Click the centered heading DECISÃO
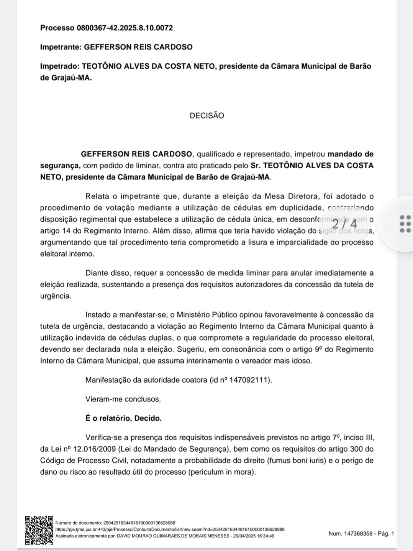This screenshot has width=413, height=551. coord(207,116)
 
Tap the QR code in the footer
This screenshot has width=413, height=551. coord(39,530)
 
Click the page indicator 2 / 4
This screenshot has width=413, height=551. coord(344,224)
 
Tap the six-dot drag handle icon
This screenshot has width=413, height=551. coord(405,224)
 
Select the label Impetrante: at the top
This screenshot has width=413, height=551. coord(61,47)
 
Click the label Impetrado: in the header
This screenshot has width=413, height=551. coord(60,66)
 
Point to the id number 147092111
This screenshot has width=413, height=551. coord(251,380)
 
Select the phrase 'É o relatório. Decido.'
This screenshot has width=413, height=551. coord(123,418)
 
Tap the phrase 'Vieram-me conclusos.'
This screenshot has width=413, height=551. coord(123,399)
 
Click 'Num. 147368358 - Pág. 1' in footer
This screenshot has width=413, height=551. coord(361,533)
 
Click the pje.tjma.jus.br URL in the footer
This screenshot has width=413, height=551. coord(170,529)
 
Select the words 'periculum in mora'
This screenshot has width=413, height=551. coord(221,472)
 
